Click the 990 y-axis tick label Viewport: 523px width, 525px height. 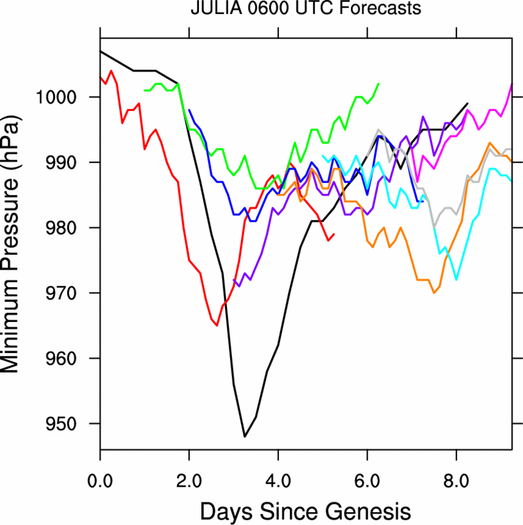point(68,162)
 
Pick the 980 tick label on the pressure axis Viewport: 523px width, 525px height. point(68,228)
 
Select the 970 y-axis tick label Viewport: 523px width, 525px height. point(68,293)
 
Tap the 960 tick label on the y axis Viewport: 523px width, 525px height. point(68,358)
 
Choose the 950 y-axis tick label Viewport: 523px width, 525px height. point(68,423)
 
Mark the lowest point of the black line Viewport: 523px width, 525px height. point(245,436)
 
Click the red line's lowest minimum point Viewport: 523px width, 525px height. point(217,325)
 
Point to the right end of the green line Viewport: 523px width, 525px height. point(379,84)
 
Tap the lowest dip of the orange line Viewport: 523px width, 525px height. point(434,293)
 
